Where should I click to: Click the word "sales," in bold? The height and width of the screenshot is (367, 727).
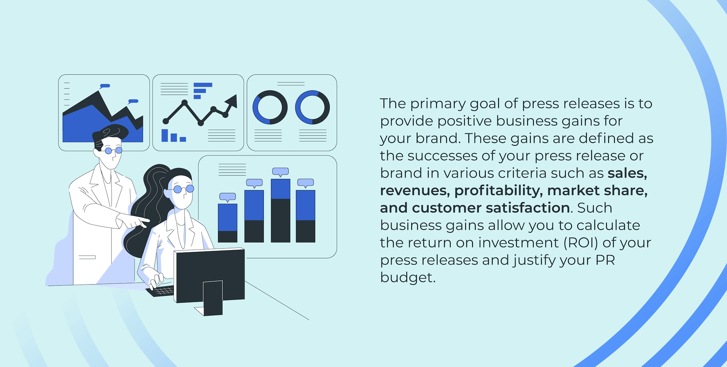pos(627,173)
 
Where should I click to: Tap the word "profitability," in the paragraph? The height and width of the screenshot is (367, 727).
pos(499,191)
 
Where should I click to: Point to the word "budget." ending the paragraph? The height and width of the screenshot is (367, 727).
pos(408,277)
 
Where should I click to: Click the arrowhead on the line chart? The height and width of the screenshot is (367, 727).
pos(231,101)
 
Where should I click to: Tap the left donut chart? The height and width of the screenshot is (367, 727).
pos(270,107)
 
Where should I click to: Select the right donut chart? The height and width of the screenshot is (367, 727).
pos(312,107)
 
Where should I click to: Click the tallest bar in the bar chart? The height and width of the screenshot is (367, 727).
pos(280,211)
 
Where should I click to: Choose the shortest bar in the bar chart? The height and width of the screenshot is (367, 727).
pos(227,223)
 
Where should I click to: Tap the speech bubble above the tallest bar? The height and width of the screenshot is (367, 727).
pos(280,172)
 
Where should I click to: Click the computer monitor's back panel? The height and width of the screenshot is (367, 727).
pos(210,275)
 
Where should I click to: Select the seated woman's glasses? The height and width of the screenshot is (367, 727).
pos(183,189)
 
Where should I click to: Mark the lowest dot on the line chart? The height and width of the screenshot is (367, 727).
pos(201,123)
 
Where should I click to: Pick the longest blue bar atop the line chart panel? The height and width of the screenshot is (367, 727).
pos(203,85)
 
